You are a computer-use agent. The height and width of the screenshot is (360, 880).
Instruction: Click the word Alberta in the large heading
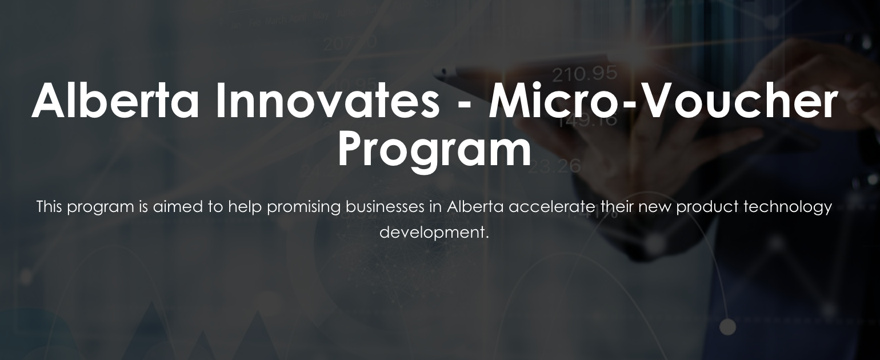(115, 101)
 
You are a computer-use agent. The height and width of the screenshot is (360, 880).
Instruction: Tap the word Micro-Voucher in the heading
(663, 101)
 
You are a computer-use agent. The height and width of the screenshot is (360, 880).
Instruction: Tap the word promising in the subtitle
(303, 207)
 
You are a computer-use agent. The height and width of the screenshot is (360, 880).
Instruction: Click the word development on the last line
(434, 233)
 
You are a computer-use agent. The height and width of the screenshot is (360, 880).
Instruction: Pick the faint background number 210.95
(585, 73)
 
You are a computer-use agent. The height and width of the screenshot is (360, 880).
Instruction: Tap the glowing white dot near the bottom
(727, 327)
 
